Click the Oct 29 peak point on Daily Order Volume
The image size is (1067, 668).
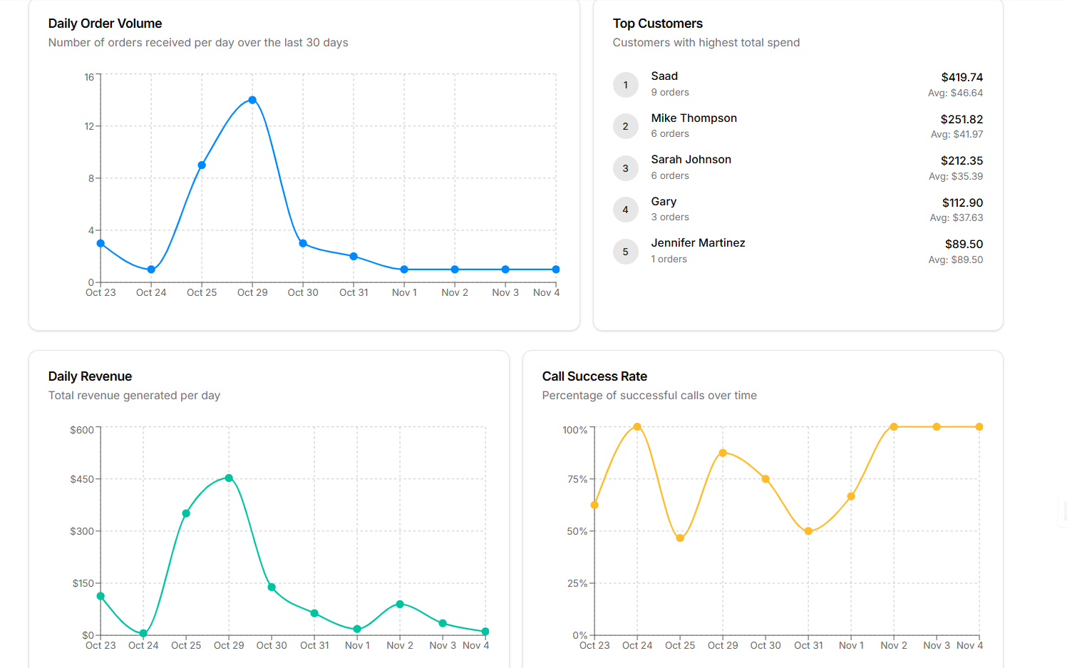252,101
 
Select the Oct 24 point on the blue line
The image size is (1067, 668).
151,269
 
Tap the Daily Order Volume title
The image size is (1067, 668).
105,24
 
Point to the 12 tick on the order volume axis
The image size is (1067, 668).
89,126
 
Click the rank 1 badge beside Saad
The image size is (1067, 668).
626,85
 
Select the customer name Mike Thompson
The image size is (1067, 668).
694,118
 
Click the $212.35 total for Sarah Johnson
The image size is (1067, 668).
962,161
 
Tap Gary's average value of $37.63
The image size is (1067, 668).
956,218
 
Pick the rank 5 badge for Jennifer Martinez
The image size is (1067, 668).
626,252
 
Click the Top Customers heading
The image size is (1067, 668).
657,24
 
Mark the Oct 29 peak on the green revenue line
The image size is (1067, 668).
229,478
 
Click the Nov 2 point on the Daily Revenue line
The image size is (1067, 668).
400,604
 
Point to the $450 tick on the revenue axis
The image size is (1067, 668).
82,479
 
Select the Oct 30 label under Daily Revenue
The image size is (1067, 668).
272,645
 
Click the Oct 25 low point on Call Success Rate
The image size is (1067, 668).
680,538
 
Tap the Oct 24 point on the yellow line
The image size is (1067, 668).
637,427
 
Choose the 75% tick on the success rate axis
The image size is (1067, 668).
577,479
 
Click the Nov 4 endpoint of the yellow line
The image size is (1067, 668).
979,427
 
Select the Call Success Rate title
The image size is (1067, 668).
594,376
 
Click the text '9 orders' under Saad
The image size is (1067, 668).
670,93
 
